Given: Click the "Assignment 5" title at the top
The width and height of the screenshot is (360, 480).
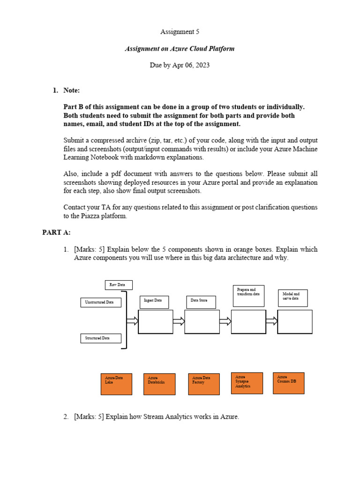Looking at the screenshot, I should tap(177, 32).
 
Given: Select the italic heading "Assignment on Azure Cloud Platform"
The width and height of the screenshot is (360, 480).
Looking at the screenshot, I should tap(180, 48).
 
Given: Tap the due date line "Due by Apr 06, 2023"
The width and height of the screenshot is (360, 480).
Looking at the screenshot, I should tap(180, 65).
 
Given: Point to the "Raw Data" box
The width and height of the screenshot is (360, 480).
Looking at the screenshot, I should tap(119, 285).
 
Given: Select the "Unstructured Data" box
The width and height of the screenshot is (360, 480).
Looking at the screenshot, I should tap(100, 302).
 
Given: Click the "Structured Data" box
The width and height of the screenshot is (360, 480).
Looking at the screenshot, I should tap(100, 338).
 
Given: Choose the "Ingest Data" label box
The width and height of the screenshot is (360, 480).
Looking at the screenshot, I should tap(154, 302).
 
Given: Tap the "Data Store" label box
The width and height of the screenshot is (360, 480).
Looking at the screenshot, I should tap(201, 302).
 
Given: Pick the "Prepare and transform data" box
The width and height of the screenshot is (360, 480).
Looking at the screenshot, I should tap(248, 296).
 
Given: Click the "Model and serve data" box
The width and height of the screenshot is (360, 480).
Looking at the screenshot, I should tap(292, 298).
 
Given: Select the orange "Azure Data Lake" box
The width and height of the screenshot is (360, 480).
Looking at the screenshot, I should tap(117, 384).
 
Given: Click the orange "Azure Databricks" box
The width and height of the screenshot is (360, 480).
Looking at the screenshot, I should tap(159, 384).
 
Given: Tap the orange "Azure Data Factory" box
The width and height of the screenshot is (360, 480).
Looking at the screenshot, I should tap(204, 384).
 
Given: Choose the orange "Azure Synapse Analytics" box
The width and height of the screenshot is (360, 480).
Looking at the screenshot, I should tap(247, 383).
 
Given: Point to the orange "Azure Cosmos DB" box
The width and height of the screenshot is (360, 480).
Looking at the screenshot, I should tap(288, 383).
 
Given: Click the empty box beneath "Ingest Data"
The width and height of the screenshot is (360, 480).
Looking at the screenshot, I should tap(155, 322).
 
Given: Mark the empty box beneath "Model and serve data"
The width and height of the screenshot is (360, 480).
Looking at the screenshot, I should tap(295, 322).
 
